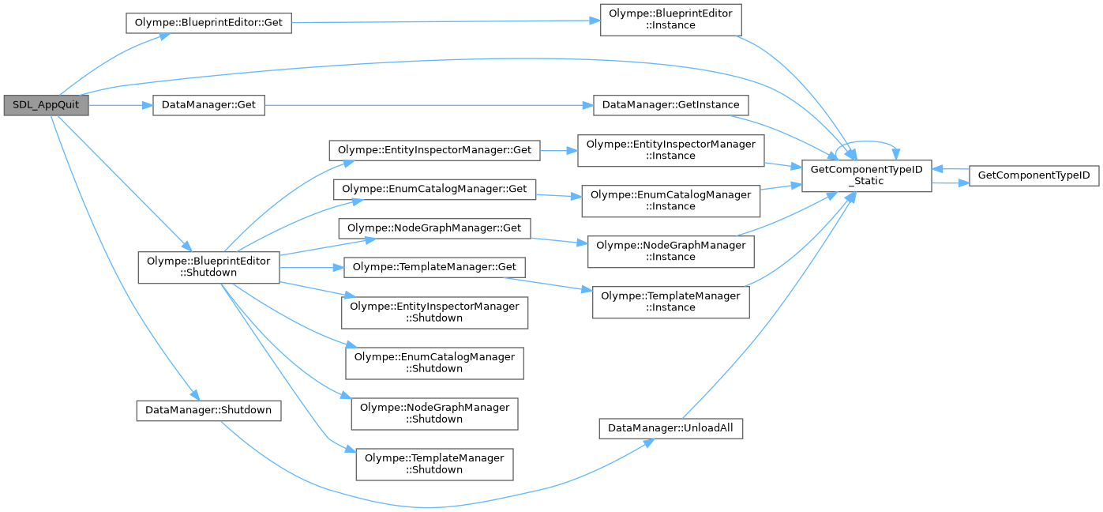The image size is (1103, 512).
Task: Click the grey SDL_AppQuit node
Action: (46, 105)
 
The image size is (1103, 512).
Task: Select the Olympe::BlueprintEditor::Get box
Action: (208, 23)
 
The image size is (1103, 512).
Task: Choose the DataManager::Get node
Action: (208, 105)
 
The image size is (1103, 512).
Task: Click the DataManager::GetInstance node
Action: (670, 105)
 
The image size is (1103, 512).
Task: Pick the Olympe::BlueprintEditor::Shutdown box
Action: (208, 266)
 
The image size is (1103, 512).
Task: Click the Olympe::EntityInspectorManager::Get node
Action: (434, 149)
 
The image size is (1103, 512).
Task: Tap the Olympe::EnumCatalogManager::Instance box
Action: (670, 200)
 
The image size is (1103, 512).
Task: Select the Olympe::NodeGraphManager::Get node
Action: (434, 228)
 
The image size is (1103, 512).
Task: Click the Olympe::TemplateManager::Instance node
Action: (670, 301)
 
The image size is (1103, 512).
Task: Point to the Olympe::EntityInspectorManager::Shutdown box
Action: (434, 311)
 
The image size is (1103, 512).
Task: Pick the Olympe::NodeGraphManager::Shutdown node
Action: (434, 412)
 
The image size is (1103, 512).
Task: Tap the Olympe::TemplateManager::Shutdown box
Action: (434, 463)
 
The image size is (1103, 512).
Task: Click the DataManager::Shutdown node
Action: (208, 411)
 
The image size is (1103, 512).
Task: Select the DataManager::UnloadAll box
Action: (670, 428)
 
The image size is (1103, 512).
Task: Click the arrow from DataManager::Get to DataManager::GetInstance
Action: (426, 105)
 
